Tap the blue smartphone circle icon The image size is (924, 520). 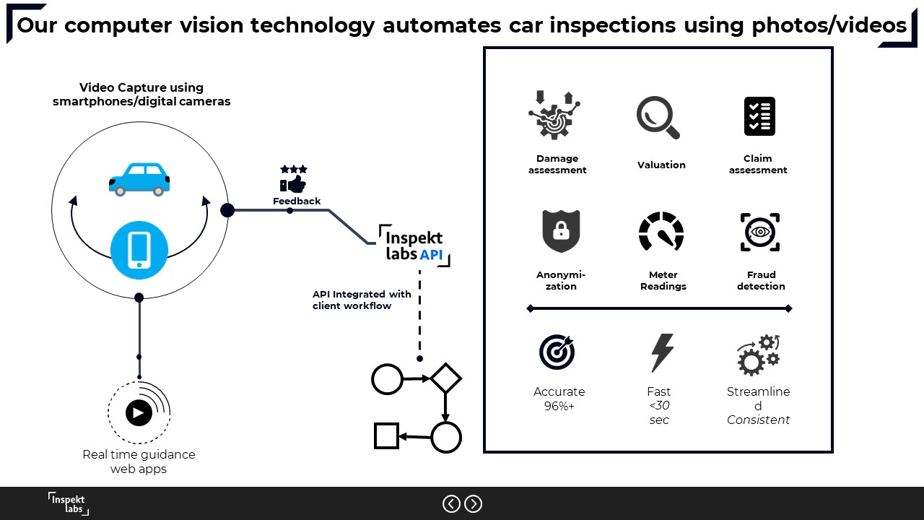point(139,251)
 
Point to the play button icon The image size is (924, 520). point(139,412)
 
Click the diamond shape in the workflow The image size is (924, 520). point(445,378)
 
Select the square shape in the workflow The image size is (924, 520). point(386,436)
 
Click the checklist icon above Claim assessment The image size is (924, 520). point(759,116)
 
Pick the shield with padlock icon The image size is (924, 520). point(561,231)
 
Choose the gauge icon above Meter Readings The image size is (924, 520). point(661,232)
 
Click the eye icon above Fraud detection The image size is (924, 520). point(760,232)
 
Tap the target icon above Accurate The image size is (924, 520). point(557,352)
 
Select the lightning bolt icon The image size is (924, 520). point(661,352)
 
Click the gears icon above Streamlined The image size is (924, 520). point(758,354)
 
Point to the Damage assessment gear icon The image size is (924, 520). point(554,116)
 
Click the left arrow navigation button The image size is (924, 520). point(451,503)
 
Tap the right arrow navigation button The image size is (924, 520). point(473,503)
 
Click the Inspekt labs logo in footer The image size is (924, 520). point(69,503)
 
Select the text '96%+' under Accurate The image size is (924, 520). point(559,406)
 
